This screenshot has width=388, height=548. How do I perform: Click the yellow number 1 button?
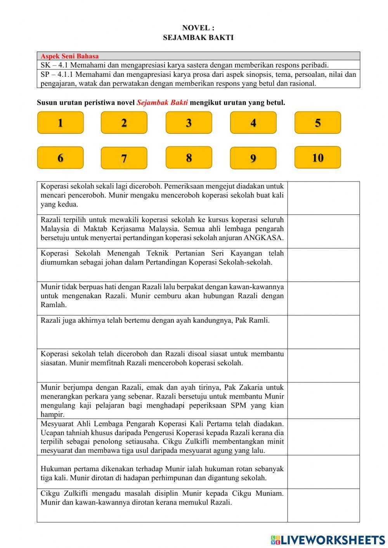[61, 123]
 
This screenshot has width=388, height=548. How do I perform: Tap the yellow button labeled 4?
[253, 123]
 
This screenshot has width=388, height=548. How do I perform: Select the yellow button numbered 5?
[317, 123]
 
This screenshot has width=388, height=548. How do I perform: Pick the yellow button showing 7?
[124, 158]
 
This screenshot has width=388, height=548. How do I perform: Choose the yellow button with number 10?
[317, 157]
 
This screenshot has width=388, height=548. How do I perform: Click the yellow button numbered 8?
[189, 157]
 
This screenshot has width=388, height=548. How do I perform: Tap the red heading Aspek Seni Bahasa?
[70, 56]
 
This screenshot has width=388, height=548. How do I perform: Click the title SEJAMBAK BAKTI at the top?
[198, 38]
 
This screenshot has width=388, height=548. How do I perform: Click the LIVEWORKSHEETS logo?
[328, 539]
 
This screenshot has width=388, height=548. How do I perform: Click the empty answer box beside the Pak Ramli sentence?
[323, 332]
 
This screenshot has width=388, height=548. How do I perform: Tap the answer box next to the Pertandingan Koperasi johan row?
[323, 265]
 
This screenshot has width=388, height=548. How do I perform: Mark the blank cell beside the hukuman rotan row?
[323, 472]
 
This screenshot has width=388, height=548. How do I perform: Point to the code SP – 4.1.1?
[54, 74]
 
